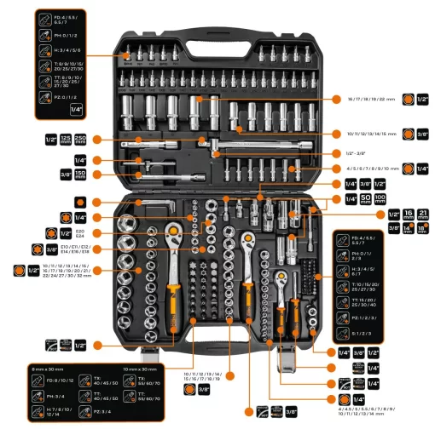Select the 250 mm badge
80,139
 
